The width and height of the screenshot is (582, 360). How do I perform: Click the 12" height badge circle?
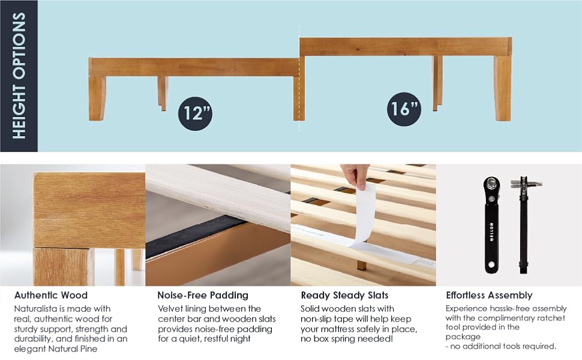[195, 113]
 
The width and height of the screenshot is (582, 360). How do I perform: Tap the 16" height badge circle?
[404, 109]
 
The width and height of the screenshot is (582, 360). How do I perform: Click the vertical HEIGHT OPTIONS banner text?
[19, 76]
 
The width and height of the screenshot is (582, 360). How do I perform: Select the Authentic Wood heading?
[51, 295]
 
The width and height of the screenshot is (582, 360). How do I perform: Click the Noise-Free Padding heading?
[203, 295]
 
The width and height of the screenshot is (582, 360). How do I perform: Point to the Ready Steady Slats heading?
[344, 295]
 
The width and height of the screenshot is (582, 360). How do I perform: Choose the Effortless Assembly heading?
[489, 295]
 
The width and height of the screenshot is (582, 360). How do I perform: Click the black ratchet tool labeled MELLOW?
[491, 225]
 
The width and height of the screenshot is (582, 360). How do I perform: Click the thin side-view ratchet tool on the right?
[524, 225]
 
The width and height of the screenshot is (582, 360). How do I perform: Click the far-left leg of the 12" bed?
[97, 98]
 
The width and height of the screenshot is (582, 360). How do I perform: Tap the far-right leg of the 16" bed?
[503, 88]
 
